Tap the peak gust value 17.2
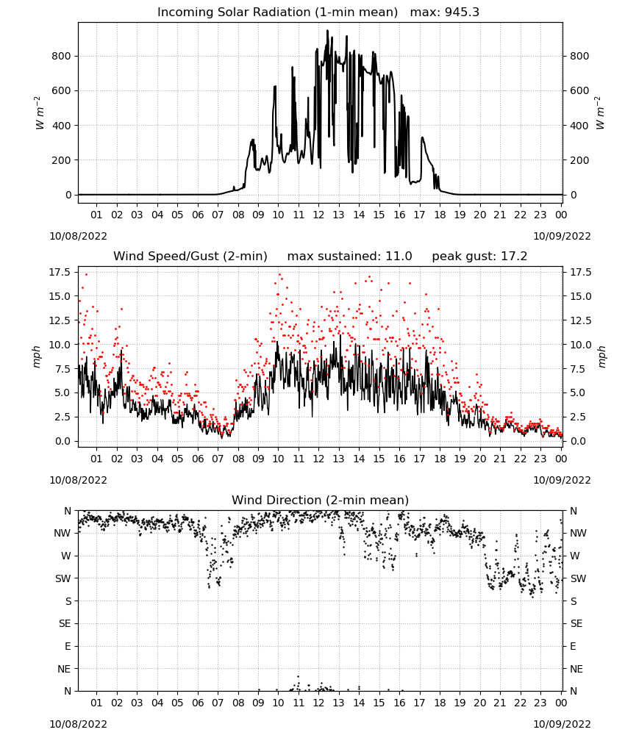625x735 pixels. pos(515,257)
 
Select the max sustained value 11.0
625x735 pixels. pos(399,257)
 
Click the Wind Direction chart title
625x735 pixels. pos(321,500)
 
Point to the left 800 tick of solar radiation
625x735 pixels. pos(62,57)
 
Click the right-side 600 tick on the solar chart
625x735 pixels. pos(579,91)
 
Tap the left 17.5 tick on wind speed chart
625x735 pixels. pos(60,273)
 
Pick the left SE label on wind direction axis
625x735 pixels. pos(65,624)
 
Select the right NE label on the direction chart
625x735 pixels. pos(576,669)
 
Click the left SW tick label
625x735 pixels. pos(63,579)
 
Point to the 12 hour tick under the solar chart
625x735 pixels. pos(319,215)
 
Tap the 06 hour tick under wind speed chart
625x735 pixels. pos(198,459)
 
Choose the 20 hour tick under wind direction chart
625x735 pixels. pos(480,703)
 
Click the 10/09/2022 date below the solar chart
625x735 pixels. pos(562,236)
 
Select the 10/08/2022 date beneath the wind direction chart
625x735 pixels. pos(78,724)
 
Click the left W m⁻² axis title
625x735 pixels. pos(40,113)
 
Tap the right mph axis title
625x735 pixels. pos(602,357)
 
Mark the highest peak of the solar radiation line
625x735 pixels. pos(328,30)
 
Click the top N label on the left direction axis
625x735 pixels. pos(68,511)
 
